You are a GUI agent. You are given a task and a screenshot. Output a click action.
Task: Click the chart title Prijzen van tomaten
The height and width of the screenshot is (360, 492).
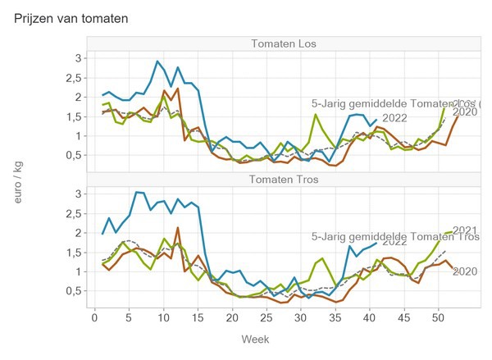pos(71,17)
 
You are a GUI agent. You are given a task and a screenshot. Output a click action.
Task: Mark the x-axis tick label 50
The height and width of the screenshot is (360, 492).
pos(438,317)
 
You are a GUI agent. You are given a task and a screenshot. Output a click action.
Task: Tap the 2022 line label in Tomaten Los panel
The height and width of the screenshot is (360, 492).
pos(395,118)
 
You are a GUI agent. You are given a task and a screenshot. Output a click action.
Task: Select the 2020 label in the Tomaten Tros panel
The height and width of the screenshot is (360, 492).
pos(465,271)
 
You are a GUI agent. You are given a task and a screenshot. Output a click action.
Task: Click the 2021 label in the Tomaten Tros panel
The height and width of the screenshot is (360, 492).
pos(465,230)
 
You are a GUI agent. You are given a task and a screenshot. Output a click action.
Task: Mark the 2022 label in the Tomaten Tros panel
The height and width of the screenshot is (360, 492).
pos(395,241)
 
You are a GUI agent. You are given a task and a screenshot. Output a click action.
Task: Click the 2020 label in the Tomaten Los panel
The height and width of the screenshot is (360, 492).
pos(465,112)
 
